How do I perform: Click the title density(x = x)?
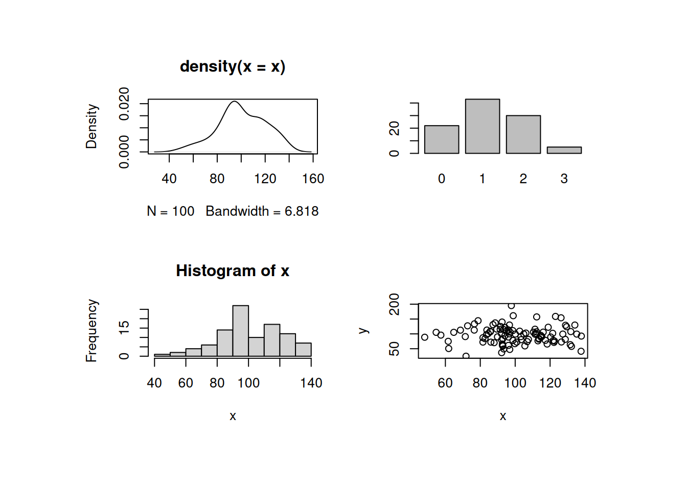pyautogui.click(x=233, y=67)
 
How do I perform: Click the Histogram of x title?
pyautogui.click(x=233, y=271)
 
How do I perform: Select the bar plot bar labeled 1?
pyautogui.click(x=482, y=127)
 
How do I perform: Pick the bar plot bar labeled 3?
pyautogui.click(x=564, y=150)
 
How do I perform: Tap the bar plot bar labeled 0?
pyautogui.click(x=442, y=139)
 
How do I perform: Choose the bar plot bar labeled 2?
pyautogui.click(x=523, y=134)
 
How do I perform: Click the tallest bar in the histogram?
pyautogui.click(x=240, y=331)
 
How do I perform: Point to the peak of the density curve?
pyautogui.click(x=234, y=102)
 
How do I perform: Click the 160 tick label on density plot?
pyautogui.click(x=313, y=179)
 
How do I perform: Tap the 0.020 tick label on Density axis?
pyautogui.click(x=124, y=104)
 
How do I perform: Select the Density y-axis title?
pyautogui.click(x=91, y=127)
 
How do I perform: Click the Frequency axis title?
pyautogui.click(x=91, y=331)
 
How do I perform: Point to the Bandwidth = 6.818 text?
pyautogui.click(x=262, y=211)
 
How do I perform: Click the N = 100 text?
pyautogui.click(x=170, y=211)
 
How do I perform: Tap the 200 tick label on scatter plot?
pyautogui.click(x=394, y=304)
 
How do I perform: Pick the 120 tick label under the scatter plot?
pyautogui.click(x=550, y=383)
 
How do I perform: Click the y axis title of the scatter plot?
pyautogui.click(x=363, y=331)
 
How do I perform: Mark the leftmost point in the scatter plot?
pyautogui.click(x=425, y=337)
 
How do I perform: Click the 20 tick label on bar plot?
pyautogui.click(x=394, y=128)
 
